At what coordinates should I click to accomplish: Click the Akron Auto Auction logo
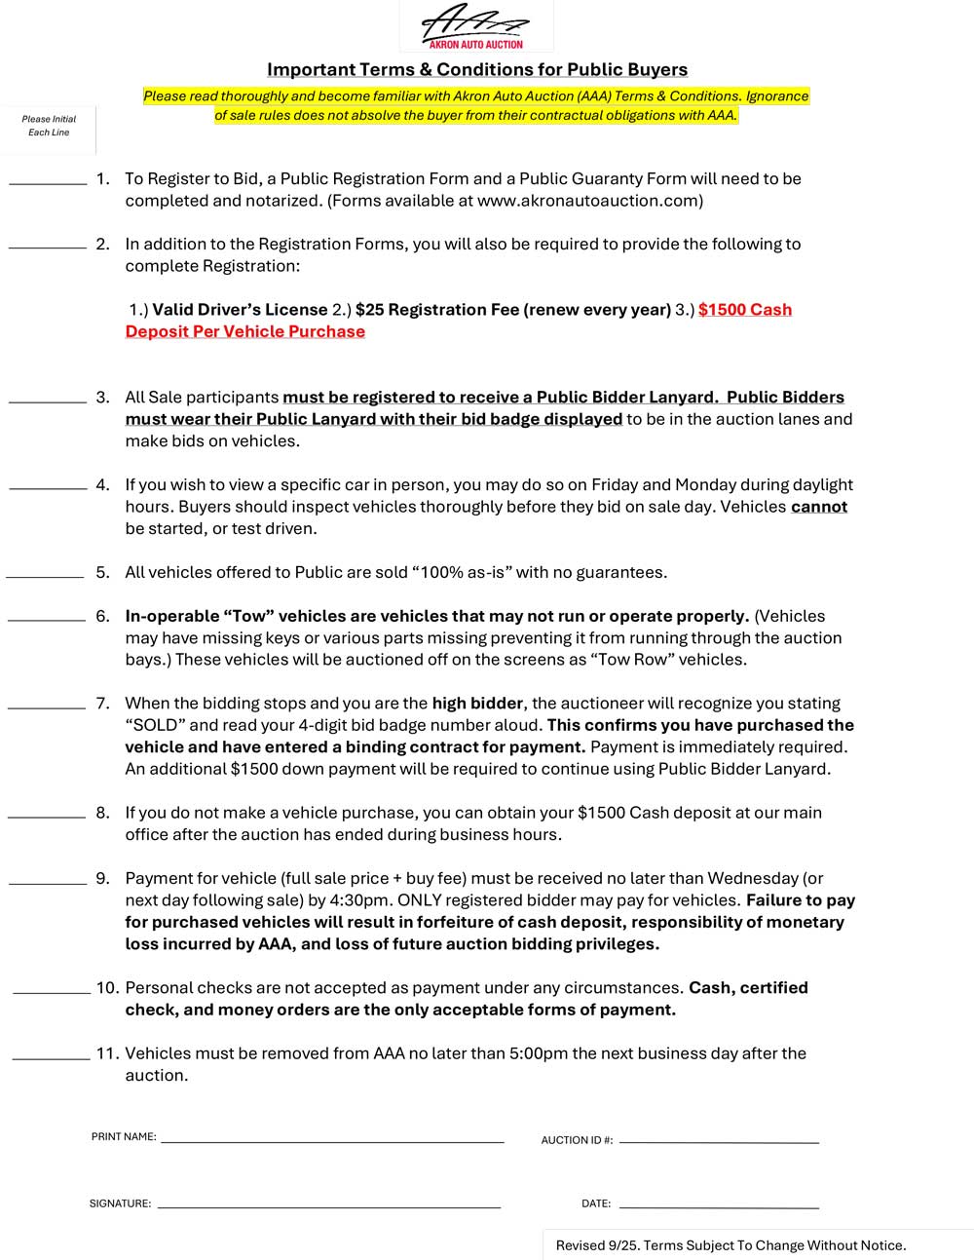tap(475, 26)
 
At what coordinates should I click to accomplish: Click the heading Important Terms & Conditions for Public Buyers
tap(477, 69)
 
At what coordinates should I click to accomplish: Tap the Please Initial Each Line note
tap(49, 126)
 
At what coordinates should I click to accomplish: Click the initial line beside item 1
tap(48, 182)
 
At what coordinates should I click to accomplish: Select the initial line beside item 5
tap(45, 576)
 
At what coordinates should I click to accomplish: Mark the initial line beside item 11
tap(51, 1057)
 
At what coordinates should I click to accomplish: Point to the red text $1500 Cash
tap(745, 310)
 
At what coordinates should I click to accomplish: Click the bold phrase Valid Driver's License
tap(240, 310)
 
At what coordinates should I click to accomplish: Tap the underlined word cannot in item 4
tap(818, 507)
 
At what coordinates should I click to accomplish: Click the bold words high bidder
tap(478, 704)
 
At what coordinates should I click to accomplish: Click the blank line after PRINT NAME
tap(332, 1139)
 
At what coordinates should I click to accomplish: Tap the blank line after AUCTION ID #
tap(719, 1141)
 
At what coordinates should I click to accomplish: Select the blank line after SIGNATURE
tap(328, 1206)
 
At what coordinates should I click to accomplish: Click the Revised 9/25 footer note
tap(730, 1245)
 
